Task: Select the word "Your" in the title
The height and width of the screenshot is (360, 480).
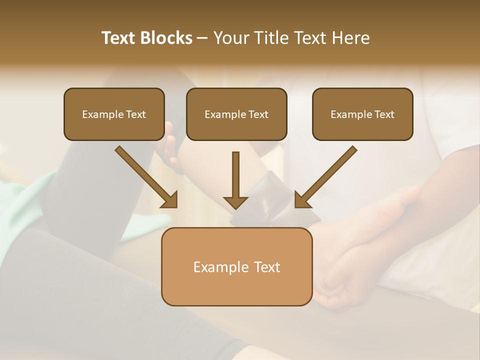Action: pyautogui.click(x=231, y=38)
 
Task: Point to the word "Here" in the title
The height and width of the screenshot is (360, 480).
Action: pyautogui.click(x=351, y=38)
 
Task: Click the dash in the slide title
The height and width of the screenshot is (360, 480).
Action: pyautogui.click(x=202, y=38)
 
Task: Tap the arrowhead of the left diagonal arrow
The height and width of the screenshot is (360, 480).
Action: pyautogui.click(x=170, y=200)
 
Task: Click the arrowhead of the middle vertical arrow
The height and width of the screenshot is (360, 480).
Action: pyautogui.click(x=235, y=202)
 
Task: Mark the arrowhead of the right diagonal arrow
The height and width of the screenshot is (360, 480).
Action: pyautogui.click(x=302, y=200)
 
